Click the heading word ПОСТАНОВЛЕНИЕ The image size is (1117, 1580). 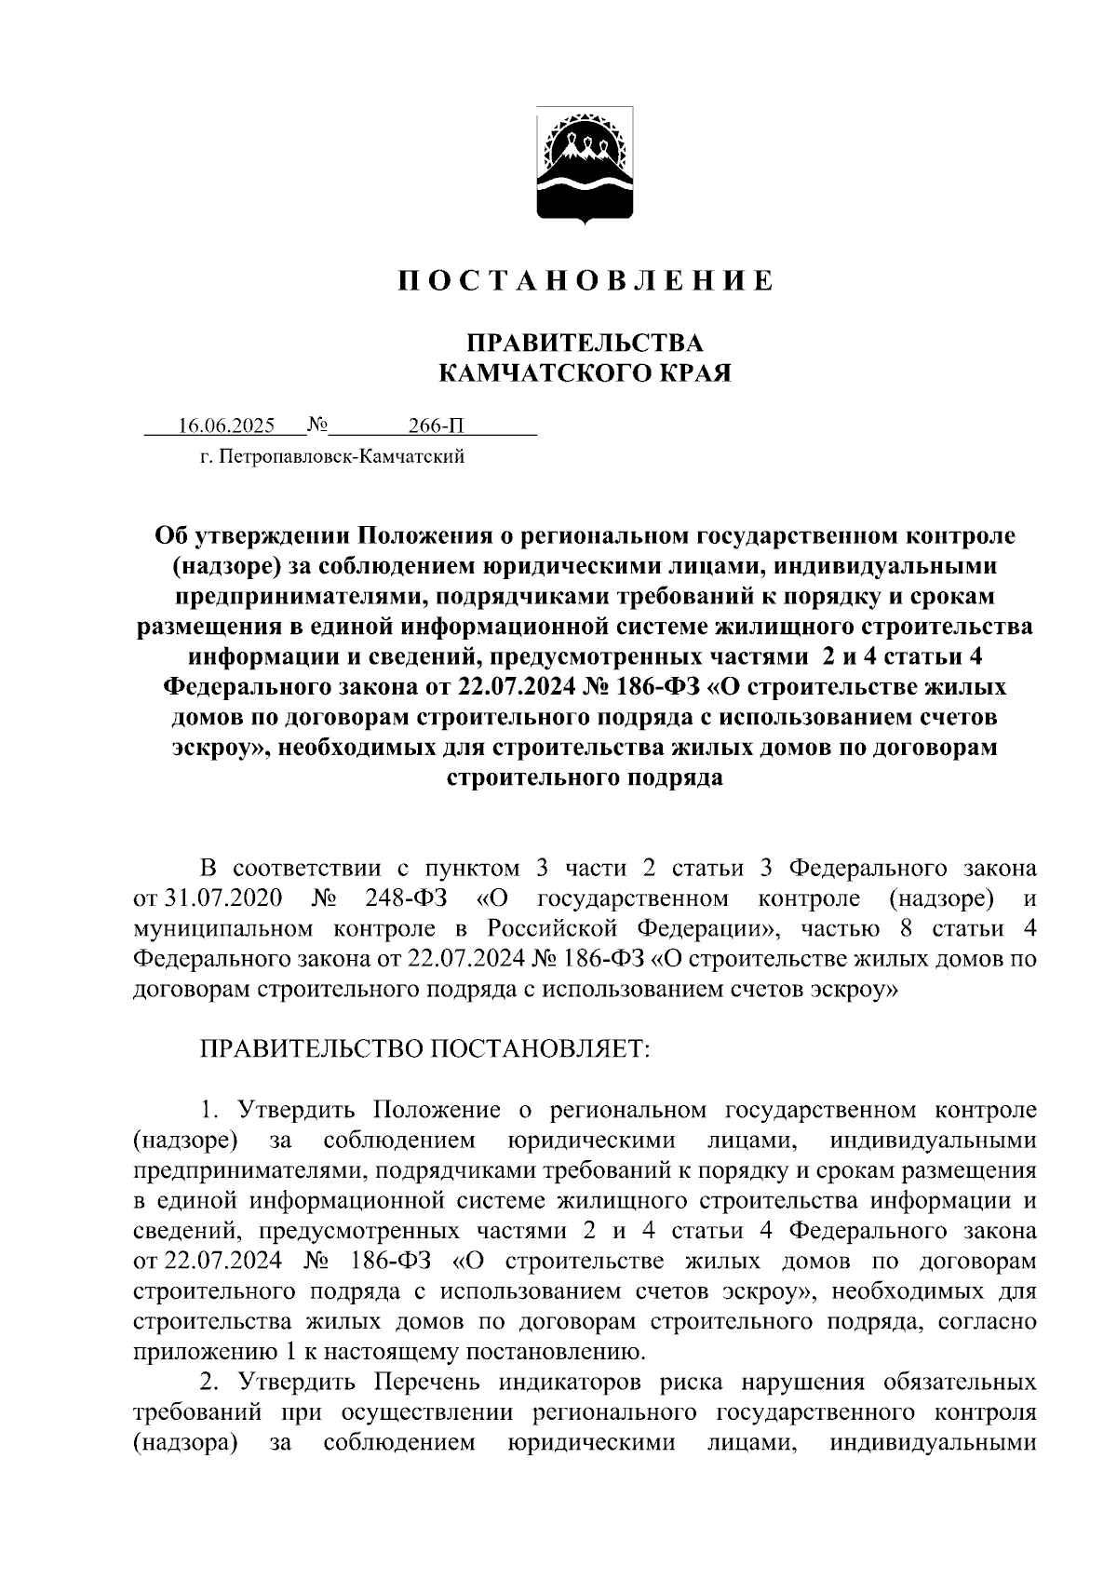tap(585, 281)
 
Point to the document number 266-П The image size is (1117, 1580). tap(435, 426)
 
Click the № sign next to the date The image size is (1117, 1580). tap(317, 425)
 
